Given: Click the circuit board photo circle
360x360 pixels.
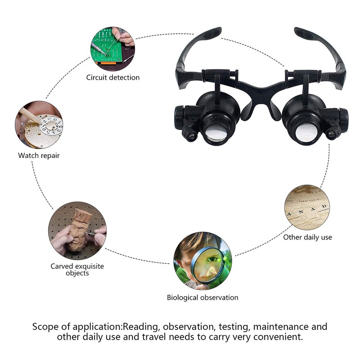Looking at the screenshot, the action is pos(112,49).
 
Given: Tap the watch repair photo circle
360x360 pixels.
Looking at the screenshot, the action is pos(39,125).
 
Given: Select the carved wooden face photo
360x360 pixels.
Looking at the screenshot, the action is pos(77,231).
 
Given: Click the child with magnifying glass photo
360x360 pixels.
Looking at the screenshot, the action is pos(202,261).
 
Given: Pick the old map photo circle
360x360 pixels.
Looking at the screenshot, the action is pos(307,207).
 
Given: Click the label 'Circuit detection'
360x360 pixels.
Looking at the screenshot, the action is pos(113,77).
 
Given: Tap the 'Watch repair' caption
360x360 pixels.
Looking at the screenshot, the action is pos(39,156).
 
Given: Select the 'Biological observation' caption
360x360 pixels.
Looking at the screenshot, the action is pos(202,297).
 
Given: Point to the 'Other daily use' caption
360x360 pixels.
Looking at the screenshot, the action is pos(307,237).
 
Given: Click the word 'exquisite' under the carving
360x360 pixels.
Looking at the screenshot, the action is pos(90,266).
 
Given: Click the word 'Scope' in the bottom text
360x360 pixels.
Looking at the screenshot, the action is pos(45,327).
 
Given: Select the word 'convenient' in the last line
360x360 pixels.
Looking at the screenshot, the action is pos(278,337).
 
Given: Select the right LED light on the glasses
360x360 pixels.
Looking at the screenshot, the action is pos(331,134).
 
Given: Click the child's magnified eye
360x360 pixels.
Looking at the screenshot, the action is pos(212,260).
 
